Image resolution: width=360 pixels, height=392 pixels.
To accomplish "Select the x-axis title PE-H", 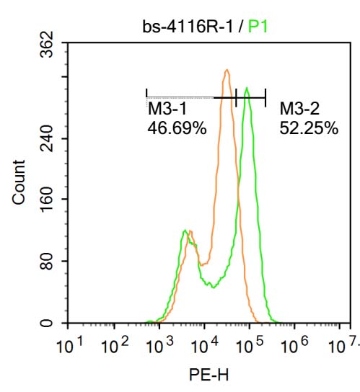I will pyautogui.click(x=204, y=375).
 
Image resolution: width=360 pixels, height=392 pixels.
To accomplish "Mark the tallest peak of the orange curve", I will pyautogui.click(x=227, y=70).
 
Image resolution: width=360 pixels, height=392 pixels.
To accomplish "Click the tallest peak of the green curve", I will pyautogui.click(x=247, y=88).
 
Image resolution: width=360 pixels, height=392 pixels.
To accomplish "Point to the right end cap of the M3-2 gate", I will pyautogui.click(x=265, y=97).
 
